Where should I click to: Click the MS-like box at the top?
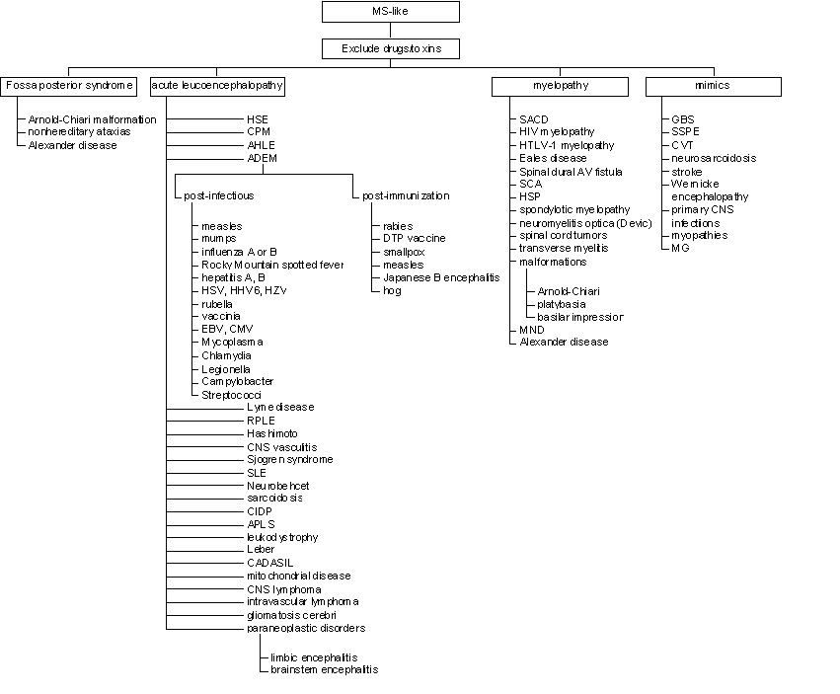[x=391, y=12]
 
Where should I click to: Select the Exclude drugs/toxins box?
[x=391, y=48]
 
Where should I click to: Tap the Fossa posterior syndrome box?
[x=68, y=86]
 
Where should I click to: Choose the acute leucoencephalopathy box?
[x=217, y=86]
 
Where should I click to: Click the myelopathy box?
[x=560, y=86]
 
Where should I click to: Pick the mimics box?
[x=714, y=86]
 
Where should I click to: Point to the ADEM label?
[x=262, y=158]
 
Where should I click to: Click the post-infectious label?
[x=218, y=196]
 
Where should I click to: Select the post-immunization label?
[x=406, y=196]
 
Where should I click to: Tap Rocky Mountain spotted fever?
[x=272, y=265]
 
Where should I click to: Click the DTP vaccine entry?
[x=415, y=239]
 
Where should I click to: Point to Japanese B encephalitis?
[x=441, y=277]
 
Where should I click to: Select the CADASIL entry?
[x=270, y=563]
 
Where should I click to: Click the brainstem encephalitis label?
[x=324, y=670]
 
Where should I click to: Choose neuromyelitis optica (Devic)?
[x=585, y=223]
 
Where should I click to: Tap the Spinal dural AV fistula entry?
[x=571, y=172]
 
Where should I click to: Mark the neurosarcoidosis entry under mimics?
[x=714, y=158]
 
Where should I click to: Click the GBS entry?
[x=682, y=119]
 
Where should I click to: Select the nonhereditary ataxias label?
[x=79, y=132]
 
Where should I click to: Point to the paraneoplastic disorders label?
[x=306, y=628]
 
